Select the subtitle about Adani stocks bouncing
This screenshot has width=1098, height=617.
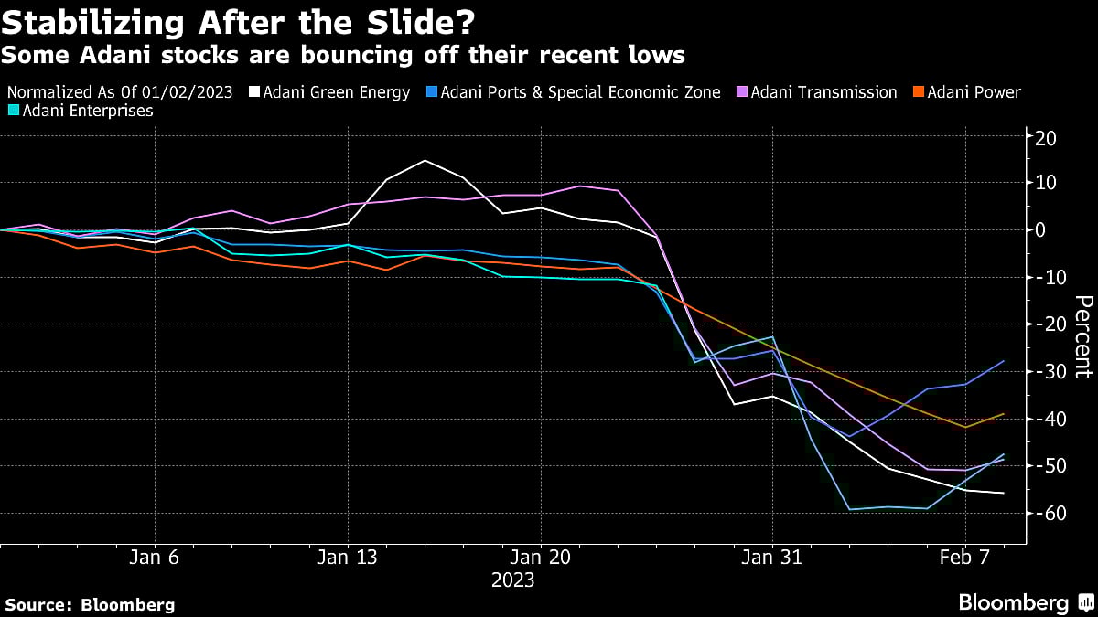pyautogui.click(x=343, y=56)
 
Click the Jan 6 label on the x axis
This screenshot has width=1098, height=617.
pyautogui.click(x=155, y=557)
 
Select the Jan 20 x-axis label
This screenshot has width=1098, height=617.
pyautogui.click(x=540, y=557)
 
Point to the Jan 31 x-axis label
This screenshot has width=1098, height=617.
pyautogui.click(x=773, y=557)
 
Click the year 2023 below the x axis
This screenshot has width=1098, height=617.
pyautogui.click(x=512, y=580)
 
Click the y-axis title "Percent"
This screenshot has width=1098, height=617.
pyautogui.click(x=1083, y=336)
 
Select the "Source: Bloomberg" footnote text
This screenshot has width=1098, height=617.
pyautogui.click(x=90, y=604)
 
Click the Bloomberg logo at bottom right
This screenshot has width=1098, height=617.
pyautogui.click(x=1024, y=602)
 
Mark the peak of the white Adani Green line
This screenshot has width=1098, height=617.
pyautogui.click(x=425, y=160)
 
